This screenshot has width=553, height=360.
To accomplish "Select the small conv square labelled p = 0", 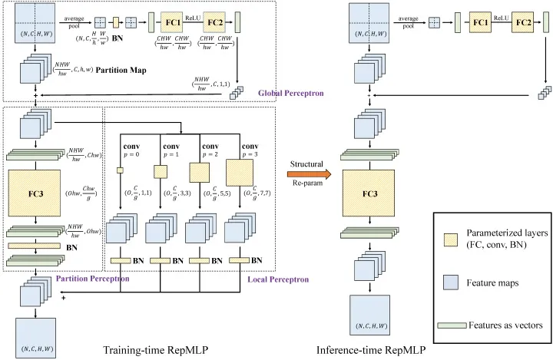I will (120, 170).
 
